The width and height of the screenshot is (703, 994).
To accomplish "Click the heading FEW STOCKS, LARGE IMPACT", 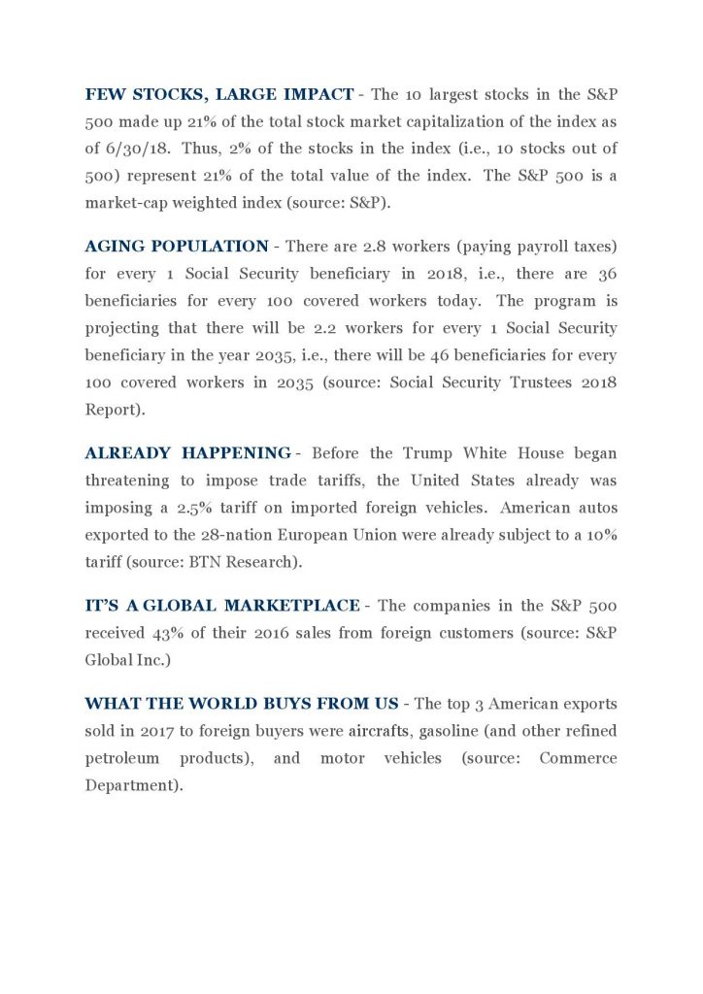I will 219,94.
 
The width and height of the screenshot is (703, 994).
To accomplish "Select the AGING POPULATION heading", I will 177,246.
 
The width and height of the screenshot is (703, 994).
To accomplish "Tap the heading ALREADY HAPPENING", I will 187,453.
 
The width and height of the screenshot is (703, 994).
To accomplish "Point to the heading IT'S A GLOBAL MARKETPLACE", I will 222,606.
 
